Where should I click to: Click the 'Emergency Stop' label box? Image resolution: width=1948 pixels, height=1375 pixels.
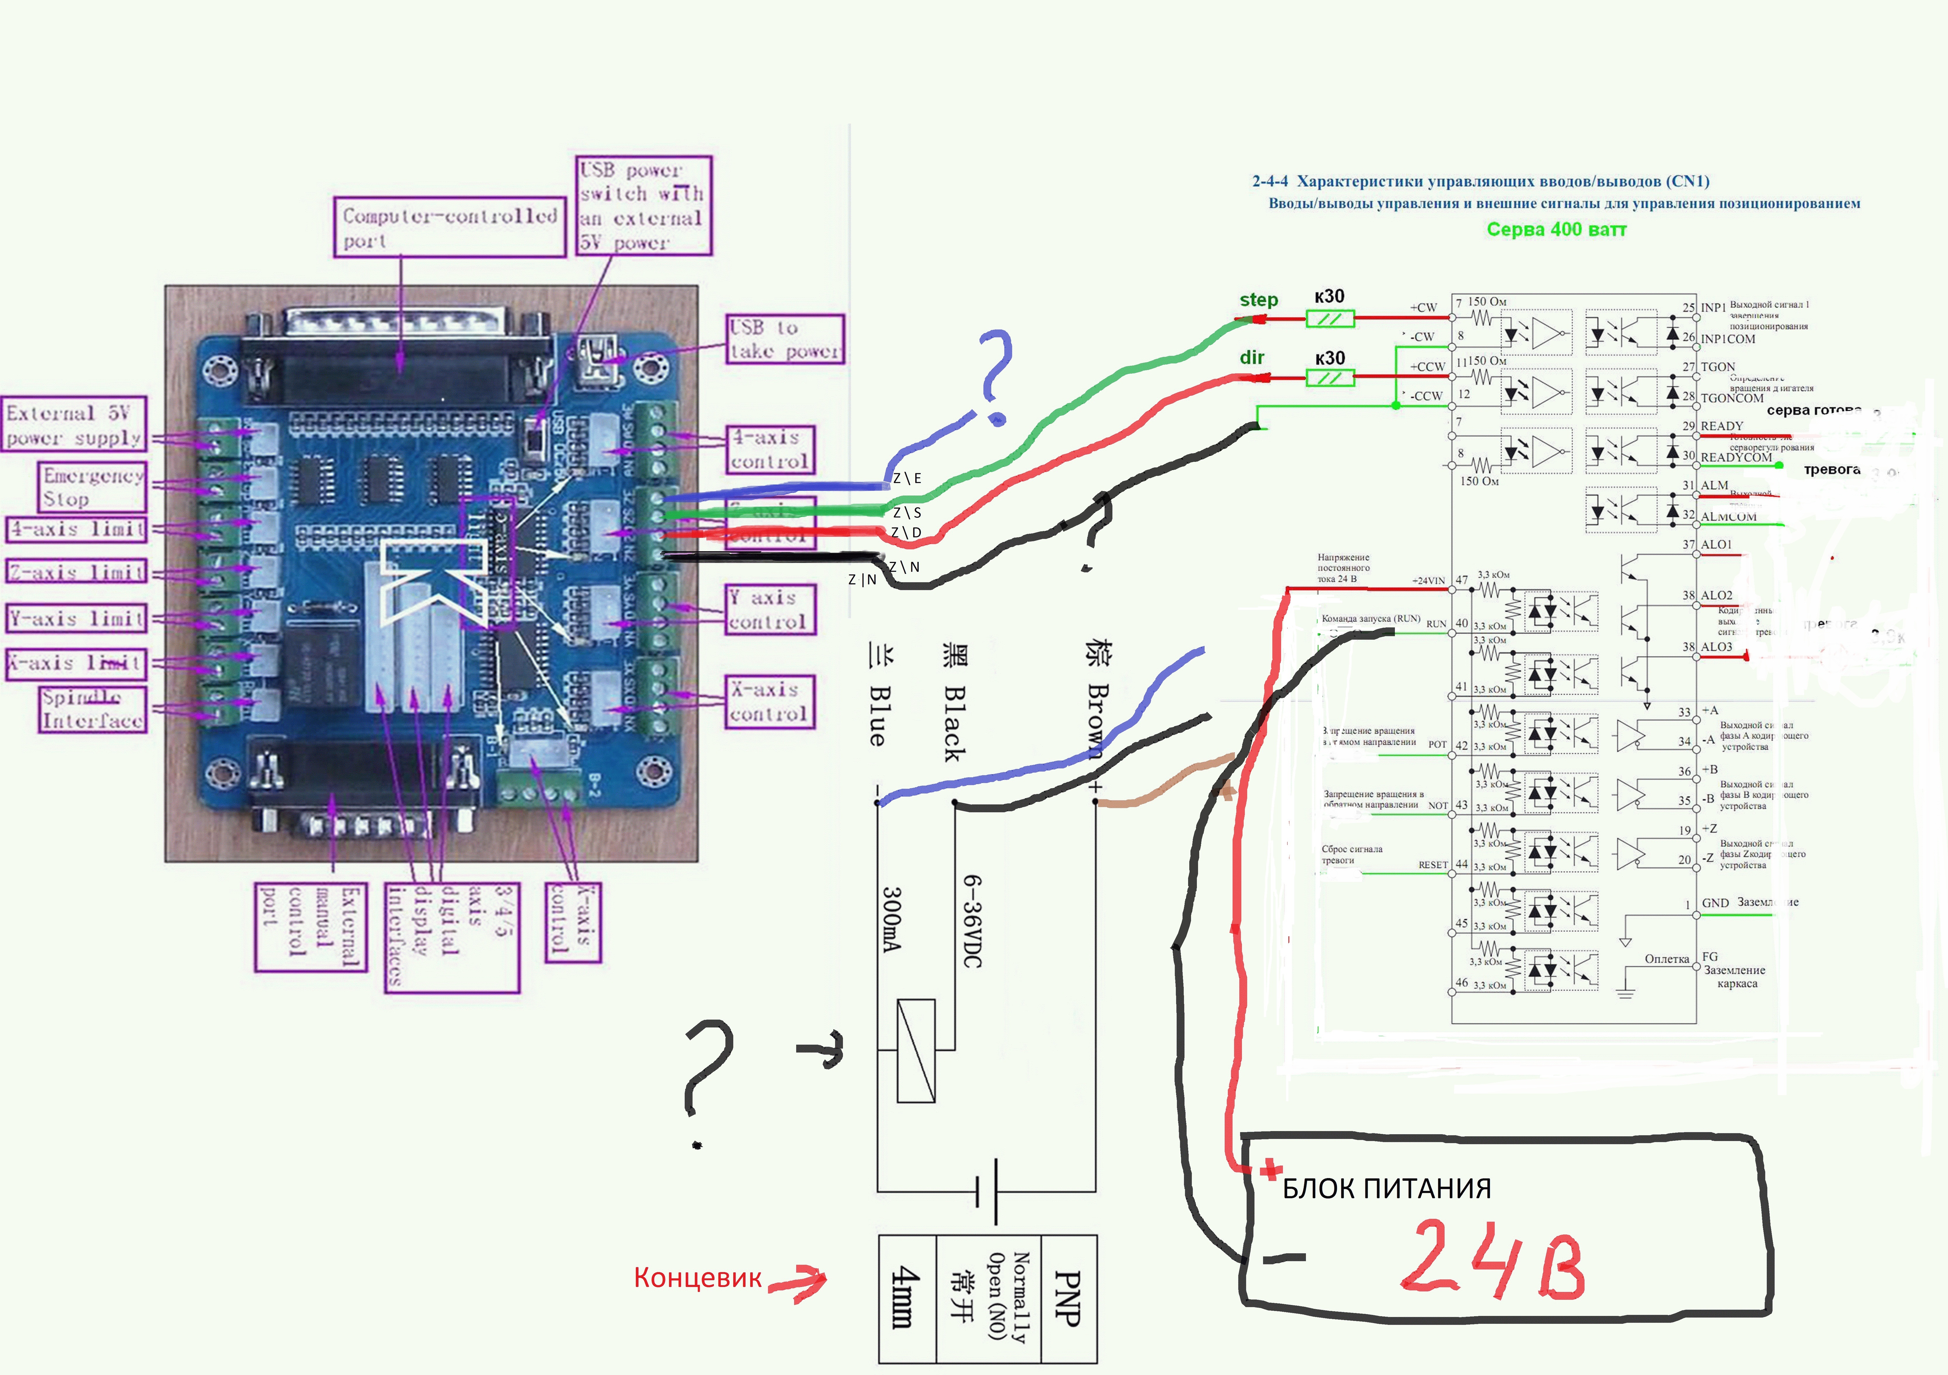92,487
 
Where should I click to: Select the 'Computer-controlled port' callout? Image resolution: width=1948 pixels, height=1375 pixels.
449,227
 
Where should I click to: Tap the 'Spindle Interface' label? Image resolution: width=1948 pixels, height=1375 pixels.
92,709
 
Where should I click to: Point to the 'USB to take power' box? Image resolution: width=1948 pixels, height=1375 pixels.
785,339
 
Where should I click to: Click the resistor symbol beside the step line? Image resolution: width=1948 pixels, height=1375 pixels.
1329,319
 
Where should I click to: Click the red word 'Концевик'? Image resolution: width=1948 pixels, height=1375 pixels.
697,1277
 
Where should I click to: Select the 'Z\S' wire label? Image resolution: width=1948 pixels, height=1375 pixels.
906,512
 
